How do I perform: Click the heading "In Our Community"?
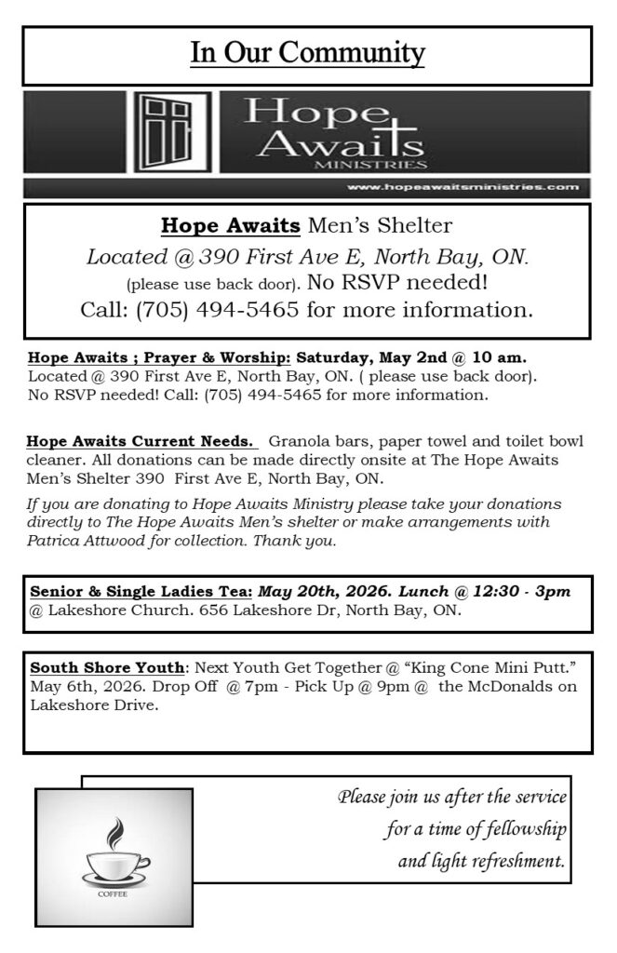click(x=307, y=54)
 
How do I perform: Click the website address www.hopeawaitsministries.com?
click(x=462, y=187)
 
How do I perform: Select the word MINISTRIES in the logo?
click(x=368, y=165)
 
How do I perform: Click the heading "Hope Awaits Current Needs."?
click(x=141, y=441)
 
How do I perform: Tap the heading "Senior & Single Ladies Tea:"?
click(x=141, y=592)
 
